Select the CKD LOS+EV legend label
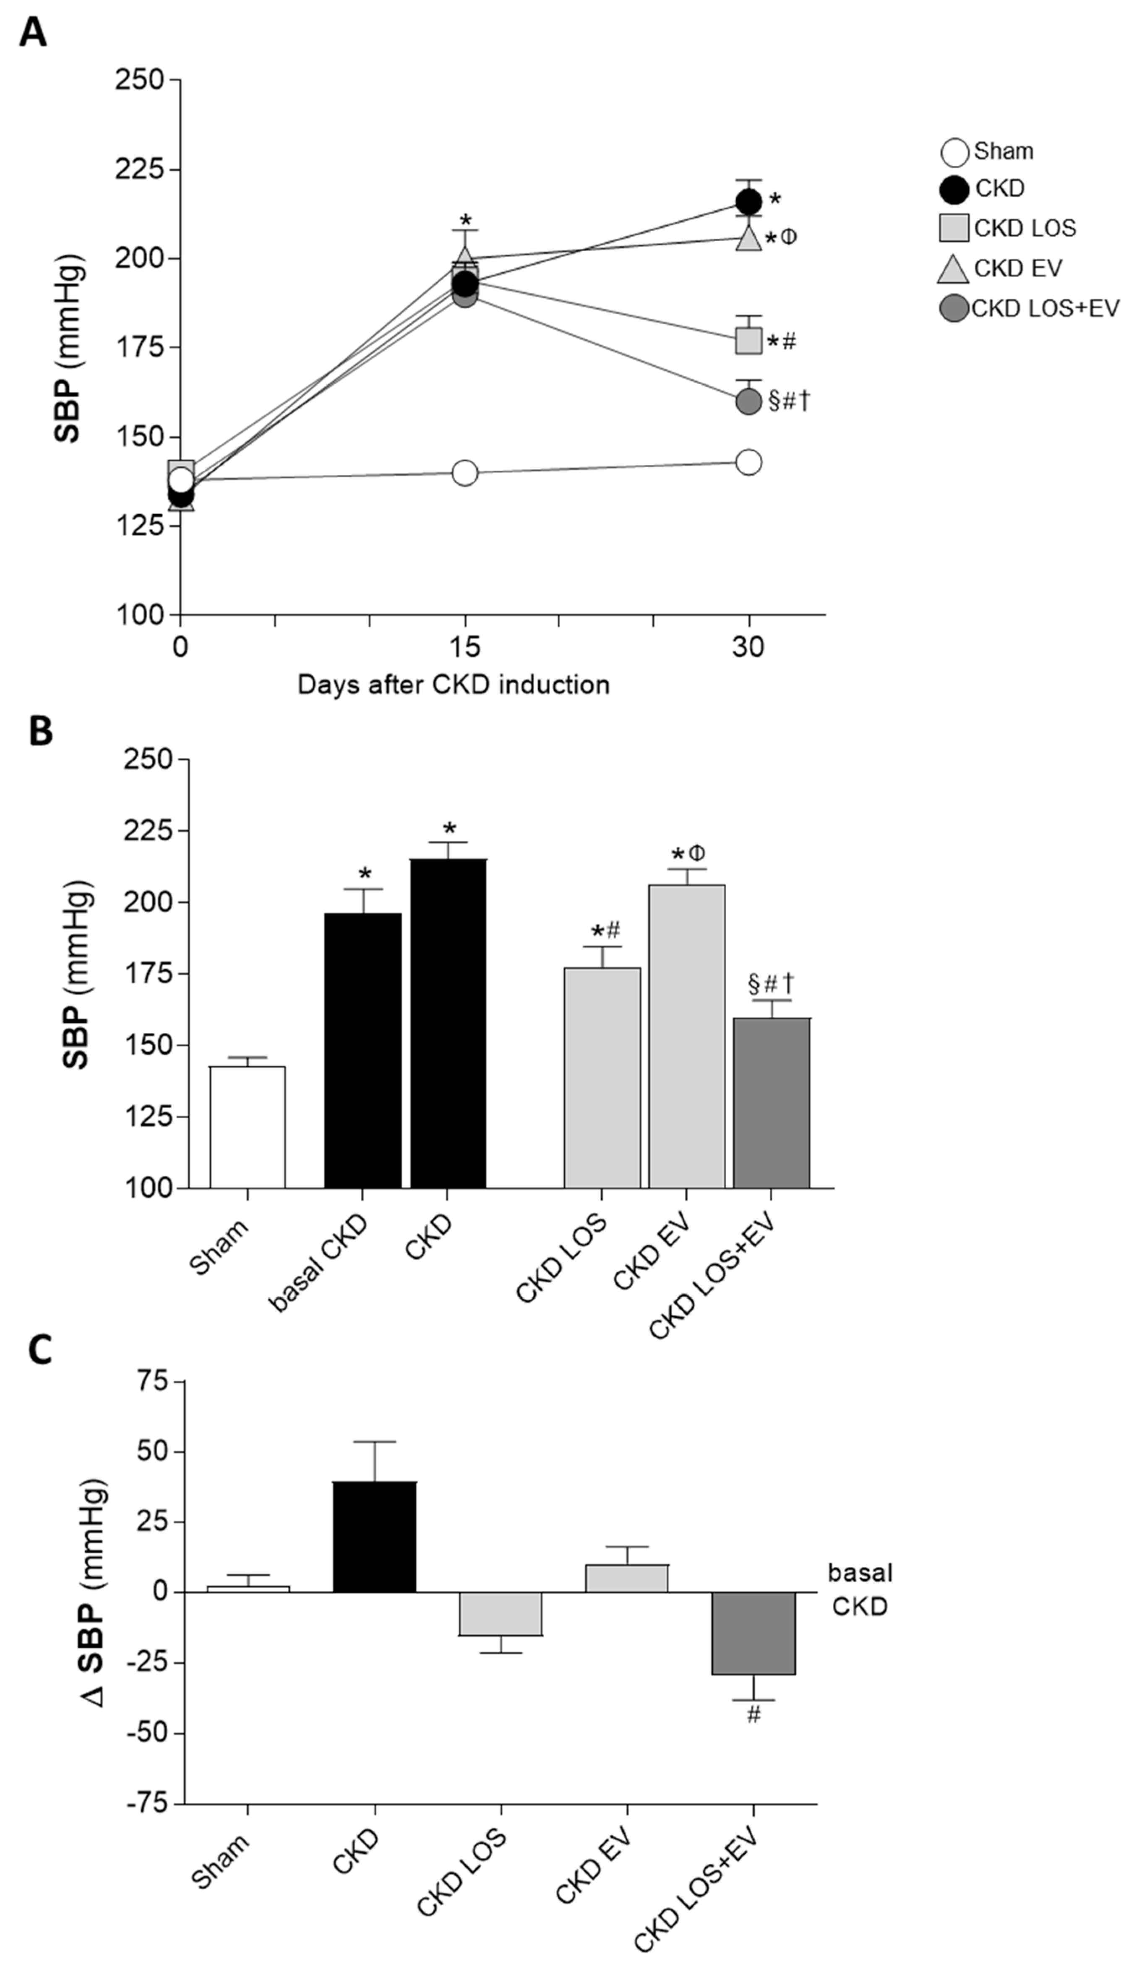click(1045, 308)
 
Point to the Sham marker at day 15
click(464, 473)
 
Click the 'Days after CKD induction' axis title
click(453, 685)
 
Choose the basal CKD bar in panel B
click(363, 1050)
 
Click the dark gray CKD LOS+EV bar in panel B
click(772, 1102)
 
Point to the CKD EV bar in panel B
click(686, 1036)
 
